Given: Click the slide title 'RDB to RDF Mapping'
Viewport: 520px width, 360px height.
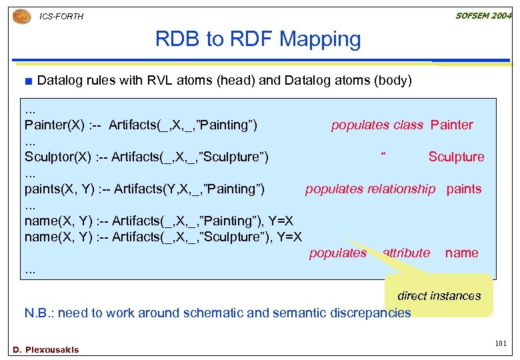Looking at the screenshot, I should [258, 39].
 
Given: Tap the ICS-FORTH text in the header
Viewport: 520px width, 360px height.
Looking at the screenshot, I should [62, 16].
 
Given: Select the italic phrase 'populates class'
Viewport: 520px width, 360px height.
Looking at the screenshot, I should [377, 125].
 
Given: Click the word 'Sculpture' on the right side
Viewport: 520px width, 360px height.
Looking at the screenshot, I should [456, 157].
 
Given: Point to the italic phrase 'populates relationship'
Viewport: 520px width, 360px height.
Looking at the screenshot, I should [370, 189].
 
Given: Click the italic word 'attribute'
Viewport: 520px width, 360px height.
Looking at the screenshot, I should [406, 253].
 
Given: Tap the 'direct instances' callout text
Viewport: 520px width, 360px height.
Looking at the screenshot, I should [439, 295].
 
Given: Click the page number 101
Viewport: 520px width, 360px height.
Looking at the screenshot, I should [501, 343].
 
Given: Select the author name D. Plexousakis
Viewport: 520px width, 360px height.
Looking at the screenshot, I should [45, 349].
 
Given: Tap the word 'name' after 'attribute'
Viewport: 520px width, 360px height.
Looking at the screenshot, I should [461, 253].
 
